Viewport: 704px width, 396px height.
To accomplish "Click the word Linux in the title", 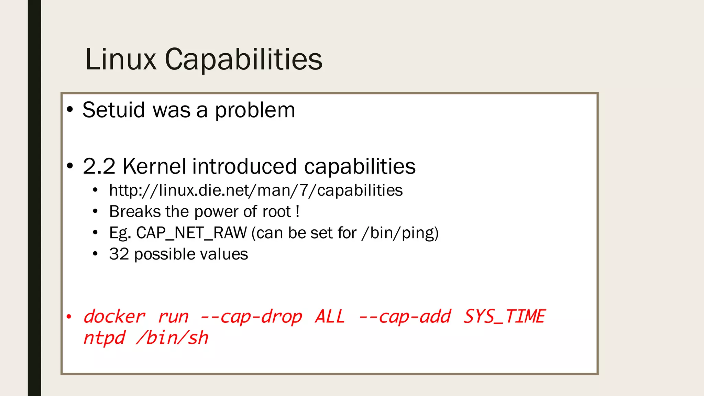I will pos(121,59).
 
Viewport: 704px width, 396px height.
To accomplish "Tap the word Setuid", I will pos(113,110).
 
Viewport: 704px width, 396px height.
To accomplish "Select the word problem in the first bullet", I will pos(255,110).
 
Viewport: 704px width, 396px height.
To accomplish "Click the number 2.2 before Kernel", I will pos(99,167).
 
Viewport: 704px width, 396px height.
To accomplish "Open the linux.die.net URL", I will pos(256,190).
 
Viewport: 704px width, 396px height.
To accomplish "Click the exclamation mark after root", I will pos(297,212).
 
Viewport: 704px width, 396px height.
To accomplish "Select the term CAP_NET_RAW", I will pos(191,233).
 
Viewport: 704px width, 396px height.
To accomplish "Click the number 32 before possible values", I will pos(119,254).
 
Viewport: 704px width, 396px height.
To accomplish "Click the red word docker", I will pos(114,317).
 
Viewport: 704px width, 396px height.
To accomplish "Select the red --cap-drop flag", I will pos(251,317).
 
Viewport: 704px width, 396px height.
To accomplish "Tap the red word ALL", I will pos(330,317).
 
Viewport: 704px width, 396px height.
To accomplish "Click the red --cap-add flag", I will pos(405,317).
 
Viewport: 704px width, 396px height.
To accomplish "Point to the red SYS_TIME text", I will pos(504,317).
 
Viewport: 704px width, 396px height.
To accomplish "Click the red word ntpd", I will pos(104,338).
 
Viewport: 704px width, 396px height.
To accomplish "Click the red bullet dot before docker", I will pos(69,317).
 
